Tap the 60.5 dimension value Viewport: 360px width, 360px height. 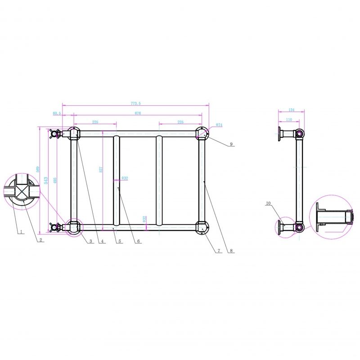coord(57,113)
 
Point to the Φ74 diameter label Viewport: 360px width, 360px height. coord(220,125)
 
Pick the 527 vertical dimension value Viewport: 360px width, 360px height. coord(101,170)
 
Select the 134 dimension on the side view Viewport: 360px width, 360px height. coord(291,110)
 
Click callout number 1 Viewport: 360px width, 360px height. coord(21,232)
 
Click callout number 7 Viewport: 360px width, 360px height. coord(219,250)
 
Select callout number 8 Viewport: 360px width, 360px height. coord(231,250)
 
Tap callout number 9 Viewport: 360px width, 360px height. coord(231,144)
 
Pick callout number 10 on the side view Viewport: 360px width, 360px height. coord(268,203)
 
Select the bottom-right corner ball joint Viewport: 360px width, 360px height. coord(202,228)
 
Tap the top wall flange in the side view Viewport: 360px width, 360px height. coord(280,134)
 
